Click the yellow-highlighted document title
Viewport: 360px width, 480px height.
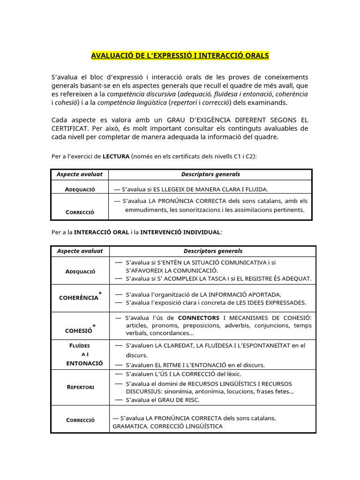[180, 56]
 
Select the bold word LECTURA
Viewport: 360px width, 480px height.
[116, 157]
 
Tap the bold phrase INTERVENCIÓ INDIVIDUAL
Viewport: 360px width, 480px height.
[180, 232]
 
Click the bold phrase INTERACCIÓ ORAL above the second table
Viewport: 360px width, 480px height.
[102, 232]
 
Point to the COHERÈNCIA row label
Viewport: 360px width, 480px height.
[78, 298]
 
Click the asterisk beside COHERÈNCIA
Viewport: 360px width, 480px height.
[100, 293]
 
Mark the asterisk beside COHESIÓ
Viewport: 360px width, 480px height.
[94, 326]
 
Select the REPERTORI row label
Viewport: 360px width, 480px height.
[80, 387]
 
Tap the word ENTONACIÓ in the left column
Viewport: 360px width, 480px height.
[84, 363]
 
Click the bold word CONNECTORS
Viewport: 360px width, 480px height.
[198, 318]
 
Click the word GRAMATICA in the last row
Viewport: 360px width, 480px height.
[129, 426]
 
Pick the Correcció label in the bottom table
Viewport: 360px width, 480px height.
[80, 420]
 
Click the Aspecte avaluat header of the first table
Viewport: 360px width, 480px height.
[80, 174]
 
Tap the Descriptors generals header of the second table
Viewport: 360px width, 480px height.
[213, 251]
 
